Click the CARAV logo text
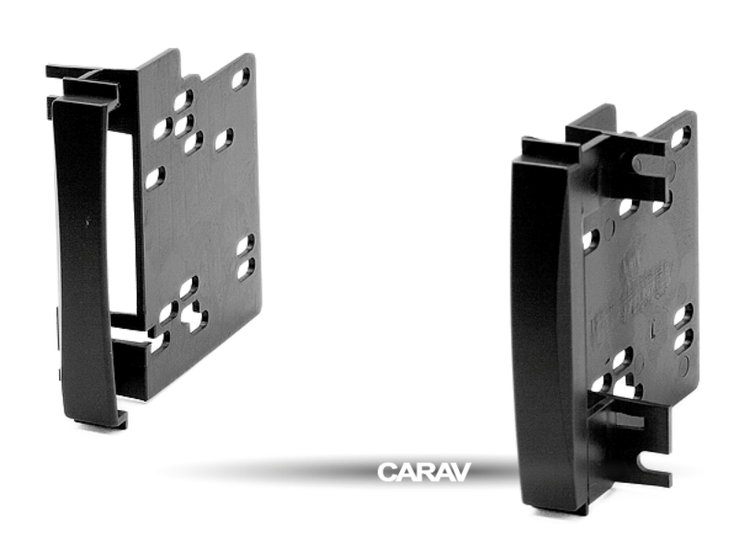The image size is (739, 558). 424,472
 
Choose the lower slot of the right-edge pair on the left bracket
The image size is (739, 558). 245,269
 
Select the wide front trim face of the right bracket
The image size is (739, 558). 545,323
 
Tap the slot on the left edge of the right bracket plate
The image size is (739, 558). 590,240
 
